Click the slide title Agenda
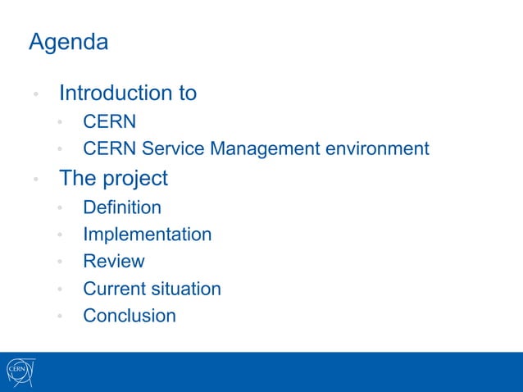click(68, 43)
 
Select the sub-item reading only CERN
click(109, 122)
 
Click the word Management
click(264, 149)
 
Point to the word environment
click(377, 149)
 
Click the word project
click(136, 178)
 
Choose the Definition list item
click(122, 207)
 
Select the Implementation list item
click(147, 235)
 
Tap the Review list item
click(113, 262)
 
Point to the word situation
click(186, 289)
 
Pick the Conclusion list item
click(130, 316)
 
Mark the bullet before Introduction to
click(36, 94)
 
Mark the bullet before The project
click(36, 180)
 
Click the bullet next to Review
click(60, 263)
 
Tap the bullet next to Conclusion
click(60, 317)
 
